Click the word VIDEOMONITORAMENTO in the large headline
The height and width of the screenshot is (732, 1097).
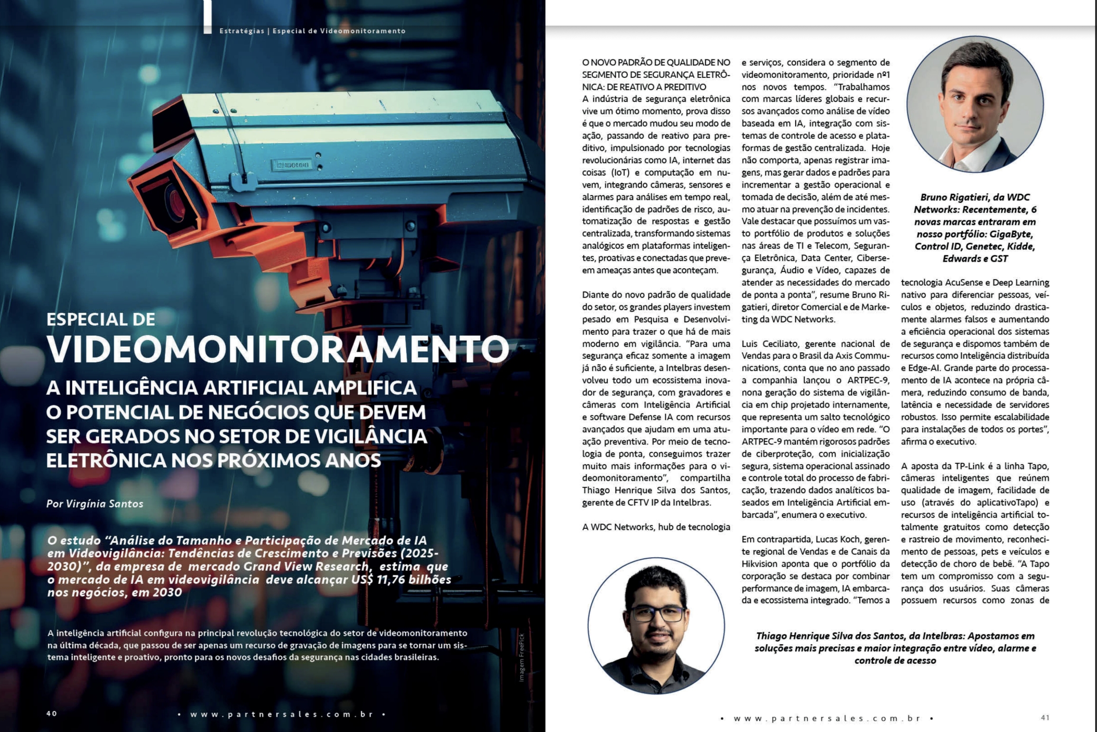point(278,349)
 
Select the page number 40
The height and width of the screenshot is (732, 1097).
point(52,713)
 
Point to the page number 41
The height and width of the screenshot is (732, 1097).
point(1045,717)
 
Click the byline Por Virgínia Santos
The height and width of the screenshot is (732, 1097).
point(95,504)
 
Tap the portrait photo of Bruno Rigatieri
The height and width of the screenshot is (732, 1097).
point(975,105)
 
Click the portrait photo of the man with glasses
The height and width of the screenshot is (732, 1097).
point(656,626)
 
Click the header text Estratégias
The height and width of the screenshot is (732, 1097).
point(242,31)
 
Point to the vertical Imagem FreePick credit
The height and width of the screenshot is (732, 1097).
point(521,657)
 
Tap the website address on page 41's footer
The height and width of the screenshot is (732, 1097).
point(827,718)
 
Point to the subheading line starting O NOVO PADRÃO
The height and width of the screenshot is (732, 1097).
point(656,62)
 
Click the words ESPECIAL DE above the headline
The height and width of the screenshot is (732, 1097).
point(101,319)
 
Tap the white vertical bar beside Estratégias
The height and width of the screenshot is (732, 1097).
point(207,17)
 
